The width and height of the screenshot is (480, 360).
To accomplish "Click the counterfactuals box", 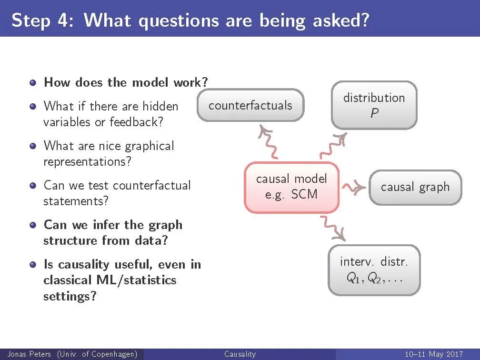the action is (x=250, y=105).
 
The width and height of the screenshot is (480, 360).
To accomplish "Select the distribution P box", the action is (x=374, y=105).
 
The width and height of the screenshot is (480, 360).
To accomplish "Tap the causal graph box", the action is (x=415, y=187).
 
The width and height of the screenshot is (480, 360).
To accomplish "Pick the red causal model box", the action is (x=291, y=187).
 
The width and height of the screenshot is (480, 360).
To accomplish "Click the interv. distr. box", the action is (x=374, y=270).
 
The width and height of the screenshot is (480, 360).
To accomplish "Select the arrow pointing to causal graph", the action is (x=353, y=187).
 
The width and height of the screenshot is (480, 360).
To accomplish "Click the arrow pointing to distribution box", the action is (x=333, y=146).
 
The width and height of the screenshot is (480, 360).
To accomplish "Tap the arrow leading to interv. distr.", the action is (x=333, y=228).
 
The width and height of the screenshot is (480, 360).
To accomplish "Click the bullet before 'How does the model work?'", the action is (x=33, y=83).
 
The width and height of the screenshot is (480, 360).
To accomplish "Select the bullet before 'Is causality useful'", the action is (x=33, y=264).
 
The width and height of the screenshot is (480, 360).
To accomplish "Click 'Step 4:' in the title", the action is (x=42, y=20).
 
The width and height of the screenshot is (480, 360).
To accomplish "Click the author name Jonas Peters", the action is (x=29, y=354).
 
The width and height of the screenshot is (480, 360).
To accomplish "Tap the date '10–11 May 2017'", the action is (x=434, y=354).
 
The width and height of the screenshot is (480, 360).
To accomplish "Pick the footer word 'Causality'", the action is (x=240, y=354).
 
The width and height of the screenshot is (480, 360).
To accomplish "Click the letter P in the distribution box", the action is (x=374, y=113).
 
